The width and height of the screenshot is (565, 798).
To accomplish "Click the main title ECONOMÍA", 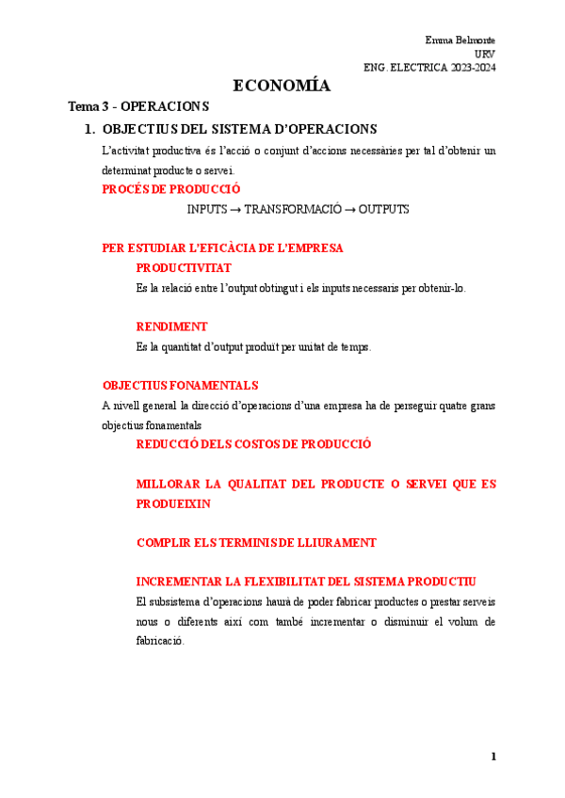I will tap(281, 86).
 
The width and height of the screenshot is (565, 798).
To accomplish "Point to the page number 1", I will tap(492, 757).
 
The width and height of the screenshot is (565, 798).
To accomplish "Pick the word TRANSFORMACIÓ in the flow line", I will tap(292, 209).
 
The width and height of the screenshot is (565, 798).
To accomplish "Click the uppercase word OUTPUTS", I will tap(383, 209).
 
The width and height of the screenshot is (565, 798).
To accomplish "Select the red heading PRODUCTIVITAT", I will tap(184, 268).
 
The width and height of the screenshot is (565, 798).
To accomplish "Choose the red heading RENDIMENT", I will tap(171, 327).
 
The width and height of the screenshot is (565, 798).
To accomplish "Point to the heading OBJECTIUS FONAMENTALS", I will tap(180, 386).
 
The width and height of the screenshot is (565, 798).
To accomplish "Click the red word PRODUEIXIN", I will tap(173, 503).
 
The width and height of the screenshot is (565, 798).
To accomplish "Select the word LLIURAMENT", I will tap(333, 543).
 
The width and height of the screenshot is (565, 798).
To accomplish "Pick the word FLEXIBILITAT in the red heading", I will tap(278, 582).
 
